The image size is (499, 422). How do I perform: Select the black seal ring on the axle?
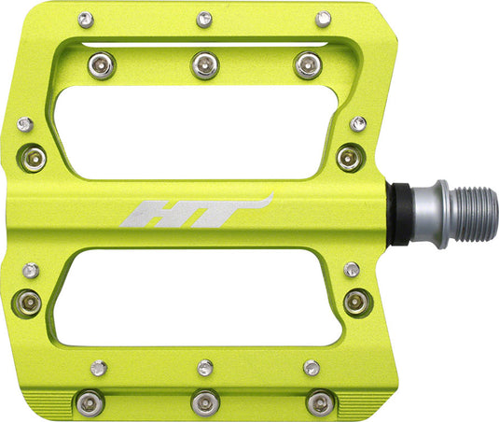pyautogui.click(x=398, y=213)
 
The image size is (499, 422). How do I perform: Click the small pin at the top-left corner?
pyautogui.click(x=86, y=19)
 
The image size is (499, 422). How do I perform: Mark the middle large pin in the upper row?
pyautogui.click(x=204, y=64)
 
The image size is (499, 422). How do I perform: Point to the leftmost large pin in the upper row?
pyautogui.click(x=102, y=64)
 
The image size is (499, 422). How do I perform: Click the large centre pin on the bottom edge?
pyautogui.click(x=204, y=403)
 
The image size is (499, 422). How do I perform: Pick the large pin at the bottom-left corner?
pyautogui.click(x=89, y=402)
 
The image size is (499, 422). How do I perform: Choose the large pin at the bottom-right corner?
pyautogui.click(x=320, y=402)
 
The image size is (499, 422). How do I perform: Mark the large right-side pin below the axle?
pyautogui.click(x=354, y=302)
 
